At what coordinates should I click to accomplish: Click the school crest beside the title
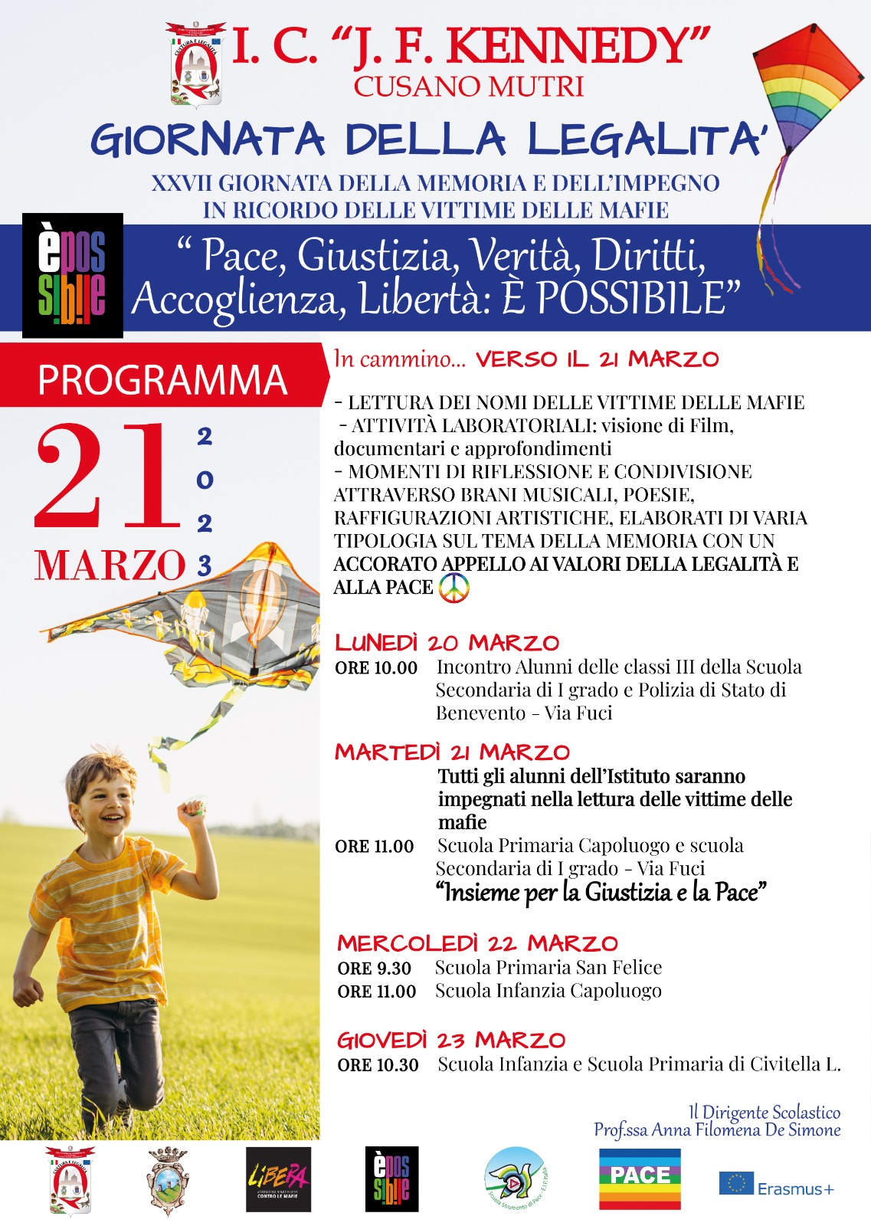tap(195, 64)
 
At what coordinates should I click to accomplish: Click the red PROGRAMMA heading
tap(162, 379)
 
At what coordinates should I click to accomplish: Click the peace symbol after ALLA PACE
tap(454, 588)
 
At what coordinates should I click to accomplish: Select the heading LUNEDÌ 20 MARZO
tap(447, 643)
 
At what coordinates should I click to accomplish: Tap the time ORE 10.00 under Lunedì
tap(376, 668)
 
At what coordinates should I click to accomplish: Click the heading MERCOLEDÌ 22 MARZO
tap(477, 943)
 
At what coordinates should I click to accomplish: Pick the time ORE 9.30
tap(375, 969)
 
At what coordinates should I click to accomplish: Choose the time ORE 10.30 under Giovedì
tap(378, 1065)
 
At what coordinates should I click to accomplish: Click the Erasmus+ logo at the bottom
tap(776, 1185)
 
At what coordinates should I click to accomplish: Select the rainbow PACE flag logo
tap(640, 1178)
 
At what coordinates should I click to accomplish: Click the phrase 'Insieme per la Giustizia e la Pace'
tap(601, 893)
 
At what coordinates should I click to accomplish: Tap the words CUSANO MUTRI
tap(468, 87)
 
